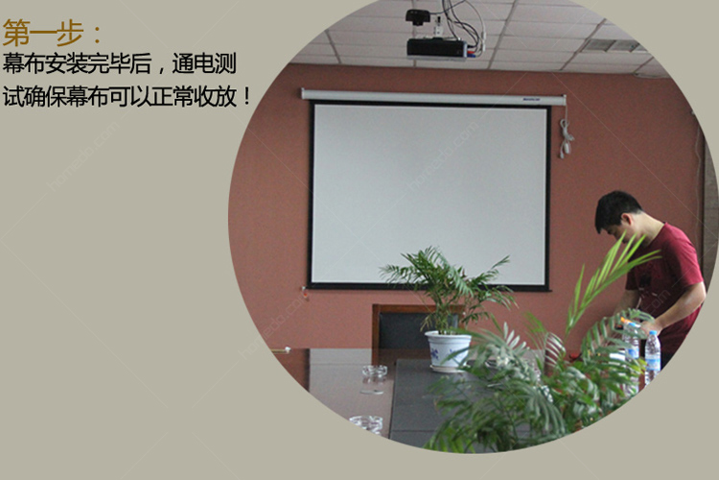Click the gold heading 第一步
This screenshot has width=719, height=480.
pos(43,33)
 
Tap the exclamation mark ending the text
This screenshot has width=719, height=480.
pos(247,96)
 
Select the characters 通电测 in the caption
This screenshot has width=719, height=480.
pos(204,63)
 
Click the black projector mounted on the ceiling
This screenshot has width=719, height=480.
pos(437,48)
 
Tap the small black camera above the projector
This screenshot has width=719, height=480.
pos(418,16)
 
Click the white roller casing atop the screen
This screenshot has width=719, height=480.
pos(433,96)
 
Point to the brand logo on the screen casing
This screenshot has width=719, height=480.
pos(532,99)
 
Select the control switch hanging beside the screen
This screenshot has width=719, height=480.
pos(566,138)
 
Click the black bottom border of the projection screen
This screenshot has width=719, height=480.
pos(429,287)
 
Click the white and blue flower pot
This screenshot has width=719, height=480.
pos(448,350)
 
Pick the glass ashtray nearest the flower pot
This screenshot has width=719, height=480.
pos(375,371)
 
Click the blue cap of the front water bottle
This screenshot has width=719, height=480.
pos(653,334)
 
